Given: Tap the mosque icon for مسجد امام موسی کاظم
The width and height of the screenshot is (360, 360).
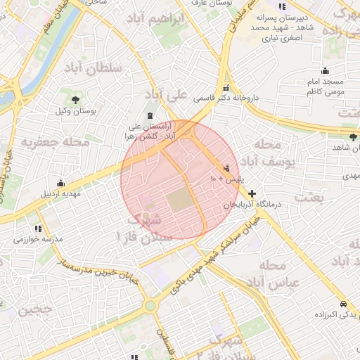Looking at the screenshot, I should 325,70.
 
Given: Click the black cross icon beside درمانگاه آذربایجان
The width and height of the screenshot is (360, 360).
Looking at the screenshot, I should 252,193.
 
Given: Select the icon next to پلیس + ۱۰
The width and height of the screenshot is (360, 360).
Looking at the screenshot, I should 226,169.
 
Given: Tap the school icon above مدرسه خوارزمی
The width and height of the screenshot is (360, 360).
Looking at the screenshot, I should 37,229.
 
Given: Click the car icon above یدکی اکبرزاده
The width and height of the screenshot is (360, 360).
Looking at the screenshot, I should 342,304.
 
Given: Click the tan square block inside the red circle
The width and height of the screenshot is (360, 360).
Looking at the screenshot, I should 179,202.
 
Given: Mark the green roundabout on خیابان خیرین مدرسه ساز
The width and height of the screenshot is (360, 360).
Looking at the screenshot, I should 149,305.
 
